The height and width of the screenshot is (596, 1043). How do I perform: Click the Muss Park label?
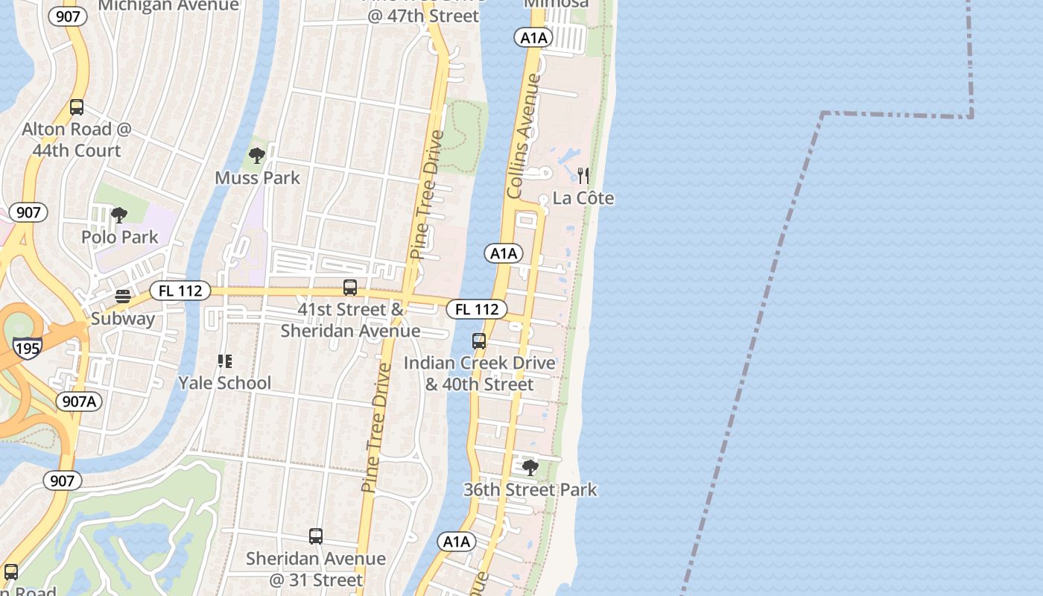coord(257,178)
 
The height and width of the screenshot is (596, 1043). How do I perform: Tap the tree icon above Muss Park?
coord(257,156)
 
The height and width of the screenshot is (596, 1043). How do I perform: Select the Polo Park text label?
coord(120,238)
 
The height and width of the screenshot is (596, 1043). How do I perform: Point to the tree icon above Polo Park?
coord(118,215)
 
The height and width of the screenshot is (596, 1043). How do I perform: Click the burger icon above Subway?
coord(123,297)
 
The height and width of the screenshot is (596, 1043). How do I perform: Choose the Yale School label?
coord(224,383)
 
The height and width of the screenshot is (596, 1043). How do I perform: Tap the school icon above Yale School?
coord(224,361)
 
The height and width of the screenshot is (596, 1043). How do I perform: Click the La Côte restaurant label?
coord(583,198)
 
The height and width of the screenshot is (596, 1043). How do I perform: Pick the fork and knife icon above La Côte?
coord(583,176)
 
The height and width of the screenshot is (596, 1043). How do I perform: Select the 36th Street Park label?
coord(530,490)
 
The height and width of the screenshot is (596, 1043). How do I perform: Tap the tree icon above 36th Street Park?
coord(530,468)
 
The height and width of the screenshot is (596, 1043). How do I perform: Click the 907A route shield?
coord(80,402)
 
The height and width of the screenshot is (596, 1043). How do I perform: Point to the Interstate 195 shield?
coord(27,346)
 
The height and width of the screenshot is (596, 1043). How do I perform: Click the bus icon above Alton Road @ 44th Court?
coord(77,107)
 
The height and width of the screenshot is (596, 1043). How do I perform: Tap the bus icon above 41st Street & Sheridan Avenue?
coord(350,288)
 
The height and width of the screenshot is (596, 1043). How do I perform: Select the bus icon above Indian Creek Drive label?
coord(479,341)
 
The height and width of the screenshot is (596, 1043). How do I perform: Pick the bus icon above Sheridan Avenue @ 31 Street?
coord(316,536)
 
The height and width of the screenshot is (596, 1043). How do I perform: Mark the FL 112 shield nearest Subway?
coord(180,291)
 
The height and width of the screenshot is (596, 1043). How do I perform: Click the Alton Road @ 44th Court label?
coord(77,140)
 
